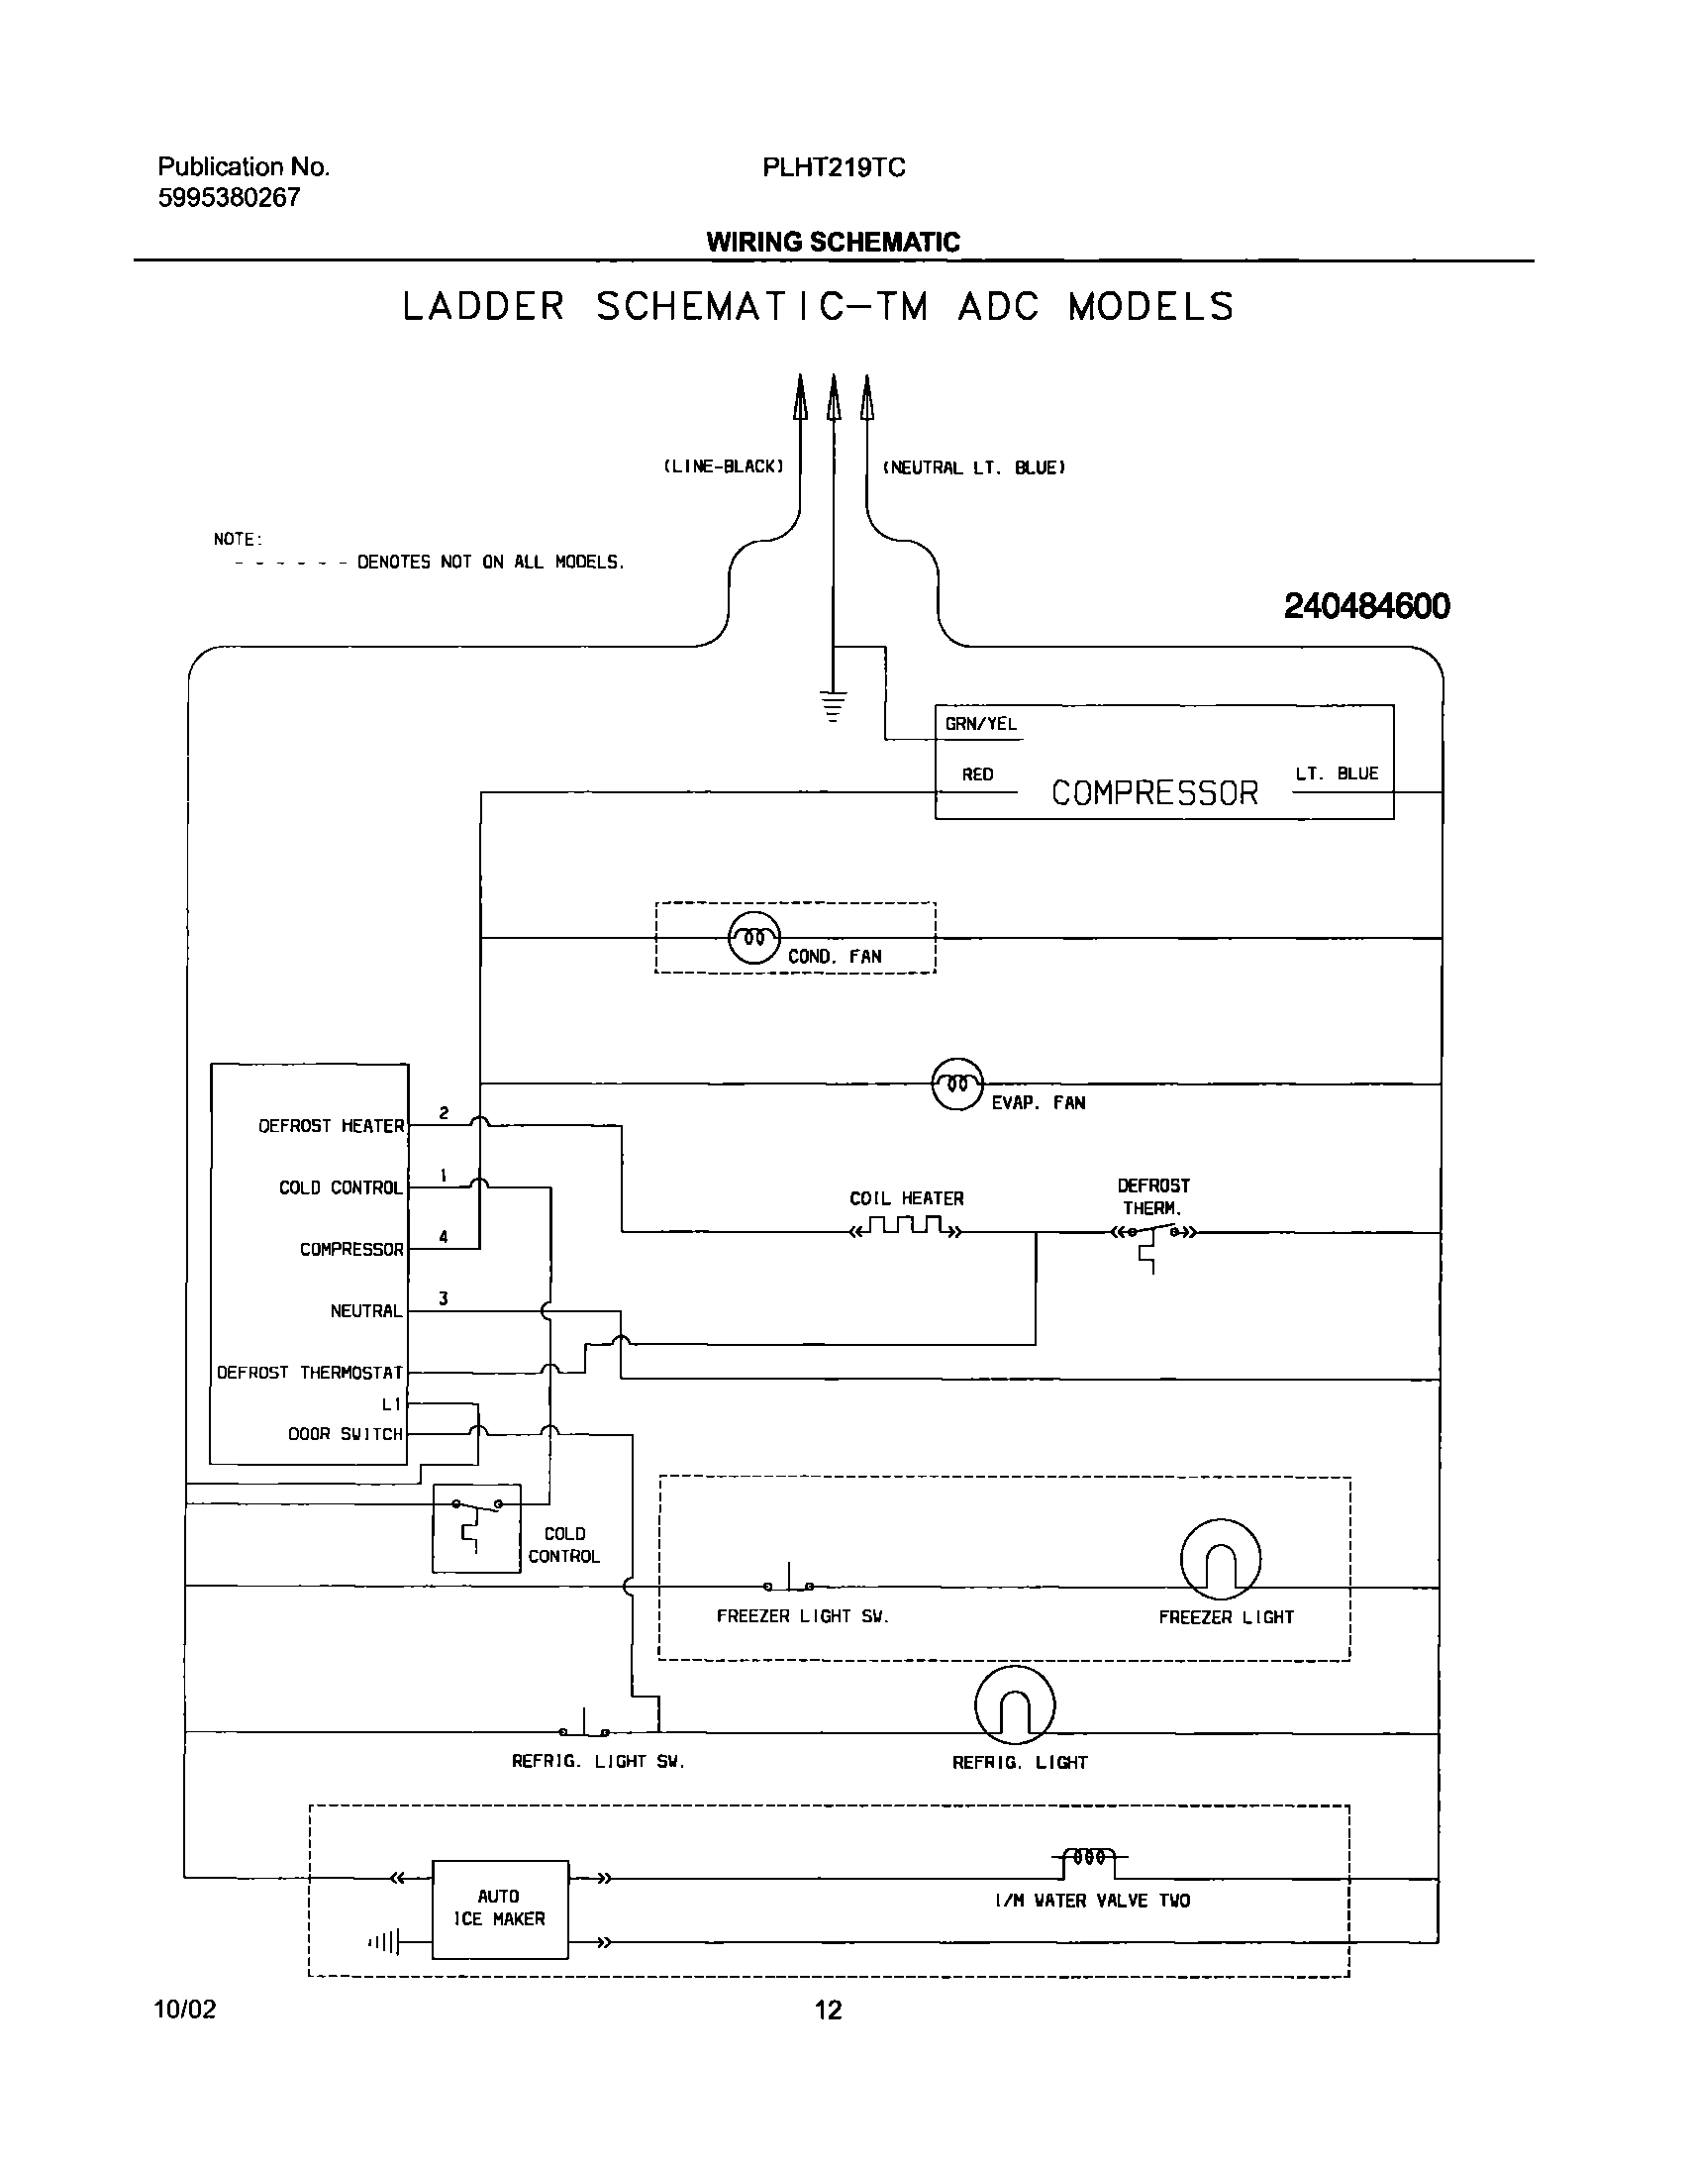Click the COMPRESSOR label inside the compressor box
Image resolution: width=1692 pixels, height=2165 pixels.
(x=1153, y=793)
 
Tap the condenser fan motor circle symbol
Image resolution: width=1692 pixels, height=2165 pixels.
(x=754, y=937)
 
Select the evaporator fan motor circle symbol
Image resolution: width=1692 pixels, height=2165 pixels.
(x=957, y=1083)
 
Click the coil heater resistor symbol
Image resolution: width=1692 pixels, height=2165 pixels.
(x=906, y=1229)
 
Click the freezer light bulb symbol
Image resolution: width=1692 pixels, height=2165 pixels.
(x=1220, y=1559)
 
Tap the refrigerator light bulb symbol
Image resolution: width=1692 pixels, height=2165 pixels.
(x=1015, y=1704)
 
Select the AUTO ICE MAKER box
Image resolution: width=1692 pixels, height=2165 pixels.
(x=500, y=1908)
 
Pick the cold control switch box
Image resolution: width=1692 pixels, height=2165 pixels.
(x=476, y=1527)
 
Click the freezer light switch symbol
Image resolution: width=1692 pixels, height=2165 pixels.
(x=789, y=1582)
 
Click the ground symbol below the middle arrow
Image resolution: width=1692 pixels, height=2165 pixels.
(x=834, y=706)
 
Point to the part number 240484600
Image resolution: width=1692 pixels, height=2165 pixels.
(x=1366, y=606)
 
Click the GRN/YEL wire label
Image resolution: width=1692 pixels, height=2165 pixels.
(x=980, y=724)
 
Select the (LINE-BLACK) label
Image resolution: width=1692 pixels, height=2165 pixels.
(x=724, y=465)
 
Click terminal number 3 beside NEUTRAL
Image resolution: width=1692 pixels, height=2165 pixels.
(x=444, y=1297)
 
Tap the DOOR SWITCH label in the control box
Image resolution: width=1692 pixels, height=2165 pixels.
(x=345, y=1433)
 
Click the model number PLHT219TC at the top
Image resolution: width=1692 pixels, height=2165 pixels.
(x=834, y=167)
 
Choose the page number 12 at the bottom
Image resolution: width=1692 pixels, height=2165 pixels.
(x=828, y=2010)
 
